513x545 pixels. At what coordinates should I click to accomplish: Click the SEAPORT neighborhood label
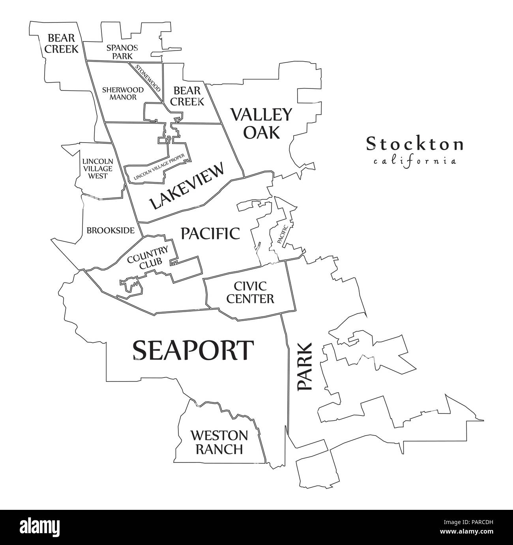click(x=193, y=350)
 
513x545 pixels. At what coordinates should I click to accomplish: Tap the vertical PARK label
click(x=305, y=367)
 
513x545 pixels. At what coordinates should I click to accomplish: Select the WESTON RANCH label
click(x=219, y=442)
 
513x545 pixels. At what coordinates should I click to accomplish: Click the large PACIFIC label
click(x=210, y=233)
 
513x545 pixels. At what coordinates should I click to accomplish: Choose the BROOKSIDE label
click(x=110, y=230)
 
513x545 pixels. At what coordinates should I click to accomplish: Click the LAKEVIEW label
click(x=187, y=186)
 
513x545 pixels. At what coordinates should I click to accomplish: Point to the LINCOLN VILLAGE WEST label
click(x=97, y=169)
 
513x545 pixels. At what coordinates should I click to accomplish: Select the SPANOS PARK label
click(x=122, y=52)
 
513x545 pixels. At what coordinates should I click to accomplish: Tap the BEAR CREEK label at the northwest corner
click(x=61, y=43)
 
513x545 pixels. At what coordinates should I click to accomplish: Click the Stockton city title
click(x=414, y=144)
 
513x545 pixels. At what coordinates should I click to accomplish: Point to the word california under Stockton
click(x=414, y=161)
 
